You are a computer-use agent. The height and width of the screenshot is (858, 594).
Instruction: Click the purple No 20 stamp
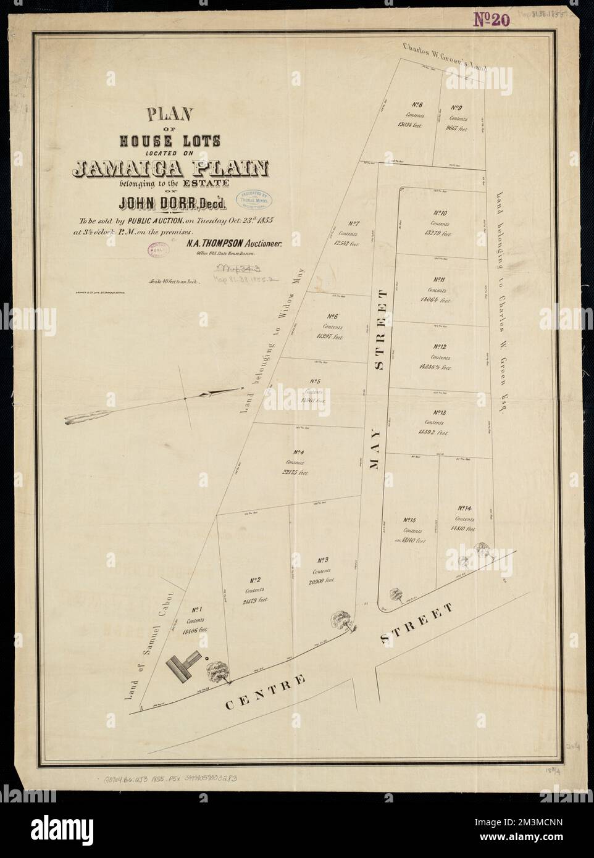(492, 20)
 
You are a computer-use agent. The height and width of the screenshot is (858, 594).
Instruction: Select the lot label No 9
(458, 107)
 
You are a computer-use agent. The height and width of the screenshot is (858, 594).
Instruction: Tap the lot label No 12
(440, 348)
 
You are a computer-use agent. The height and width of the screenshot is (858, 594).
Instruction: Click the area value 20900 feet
(321, 581)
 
